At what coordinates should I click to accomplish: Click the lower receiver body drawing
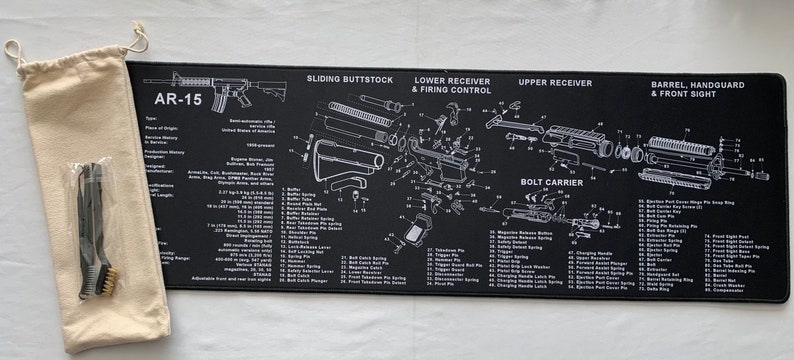[440, 160]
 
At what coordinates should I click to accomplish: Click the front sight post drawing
[716, 160]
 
